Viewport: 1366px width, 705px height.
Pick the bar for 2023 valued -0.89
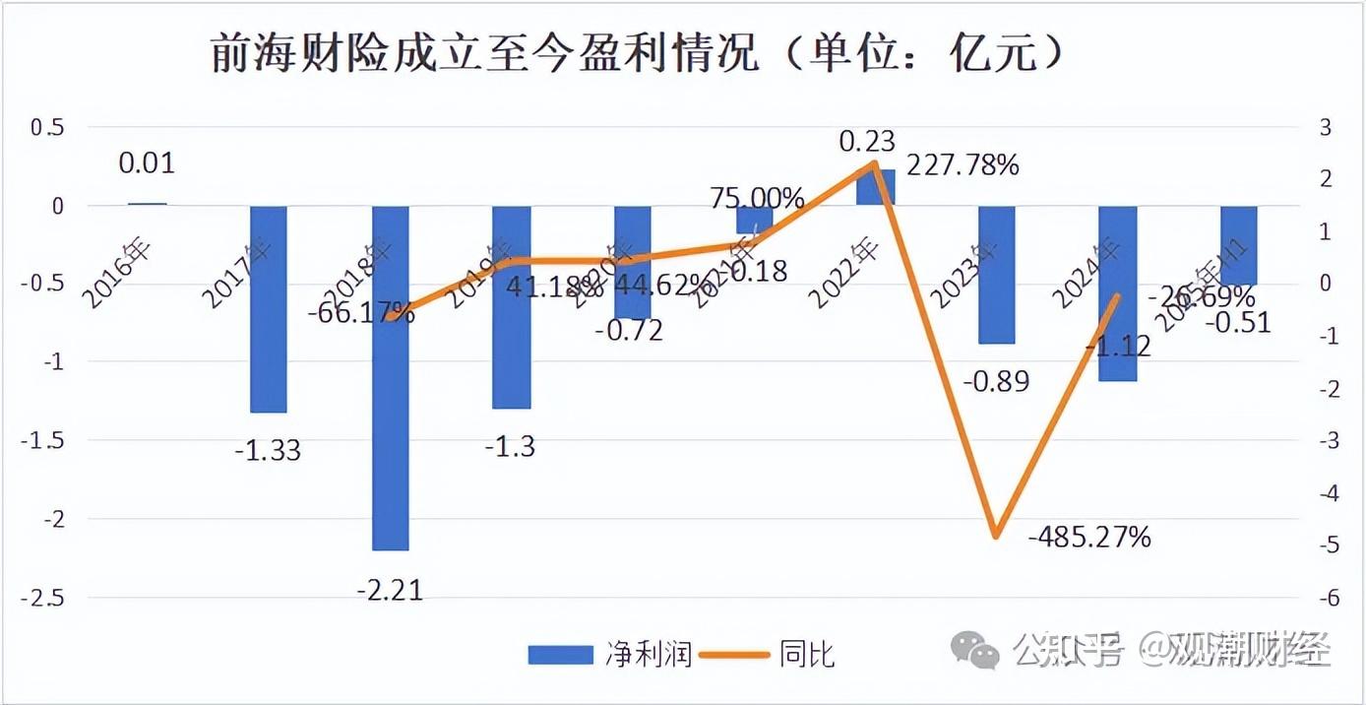(996, 275)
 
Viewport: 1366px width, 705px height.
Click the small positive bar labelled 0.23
(875, 187)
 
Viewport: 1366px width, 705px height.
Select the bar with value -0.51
(1239, 245)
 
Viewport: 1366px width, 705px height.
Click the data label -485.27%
(1089, 538)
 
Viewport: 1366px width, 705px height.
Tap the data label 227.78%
(962, 164)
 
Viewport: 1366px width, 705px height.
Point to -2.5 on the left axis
(43, 597)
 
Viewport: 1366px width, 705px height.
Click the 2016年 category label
(117, 273)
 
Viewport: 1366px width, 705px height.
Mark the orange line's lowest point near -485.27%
(996, 535)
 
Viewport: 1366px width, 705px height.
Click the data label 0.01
(147, 162)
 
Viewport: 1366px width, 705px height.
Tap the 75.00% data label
(757, 198)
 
